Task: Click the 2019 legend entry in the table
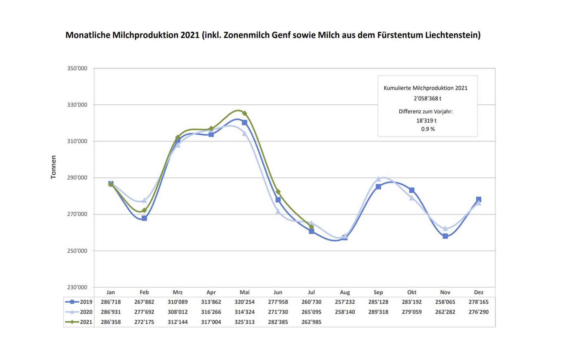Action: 79,302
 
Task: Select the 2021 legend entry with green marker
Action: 79,322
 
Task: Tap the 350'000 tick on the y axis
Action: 77,68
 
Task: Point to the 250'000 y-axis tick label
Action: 77,251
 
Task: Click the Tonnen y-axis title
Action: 53,167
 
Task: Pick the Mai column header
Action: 244,292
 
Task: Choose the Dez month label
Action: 478,292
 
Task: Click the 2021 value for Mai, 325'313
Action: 244,322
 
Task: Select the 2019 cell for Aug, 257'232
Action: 345,302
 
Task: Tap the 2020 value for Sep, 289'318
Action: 378,312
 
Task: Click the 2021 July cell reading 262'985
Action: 311,322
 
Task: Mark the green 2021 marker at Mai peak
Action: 244,113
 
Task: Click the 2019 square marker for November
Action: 445,236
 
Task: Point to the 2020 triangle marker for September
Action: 378,179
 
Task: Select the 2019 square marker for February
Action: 144,218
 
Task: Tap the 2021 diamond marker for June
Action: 278,192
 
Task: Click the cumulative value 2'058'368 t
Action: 427,98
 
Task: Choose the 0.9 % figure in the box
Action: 428,129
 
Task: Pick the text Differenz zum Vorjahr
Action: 426,112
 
